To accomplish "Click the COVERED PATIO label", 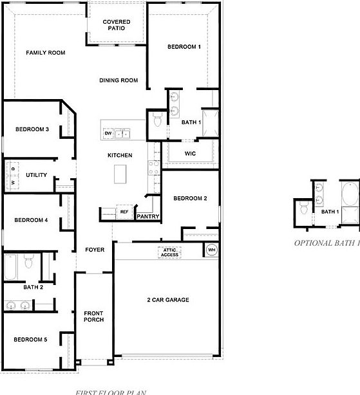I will tap(118, 25).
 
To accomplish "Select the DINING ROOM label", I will tap(118, 80).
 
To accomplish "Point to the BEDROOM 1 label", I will tap(184, 47).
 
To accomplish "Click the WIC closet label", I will tap(190, 154).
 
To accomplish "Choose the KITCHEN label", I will tap(120, 156).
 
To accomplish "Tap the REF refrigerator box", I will tap(124, 212).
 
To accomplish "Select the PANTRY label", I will tap(147, 217).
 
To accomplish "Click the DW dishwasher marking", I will tap(108, 133).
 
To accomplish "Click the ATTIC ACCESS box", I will tap(170, 252).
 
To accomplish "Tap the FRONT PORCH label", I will tap(93, 317).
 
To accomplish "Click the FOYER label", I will tap(95, 250).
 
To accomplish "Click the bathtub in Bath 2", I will tap(11, 267).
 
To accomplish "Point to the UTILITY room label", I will tap(35, 175).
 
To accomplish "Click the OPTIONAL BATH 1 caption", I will tap(327, 243).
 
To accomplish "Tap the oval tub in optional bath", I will tap(350, 194).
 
